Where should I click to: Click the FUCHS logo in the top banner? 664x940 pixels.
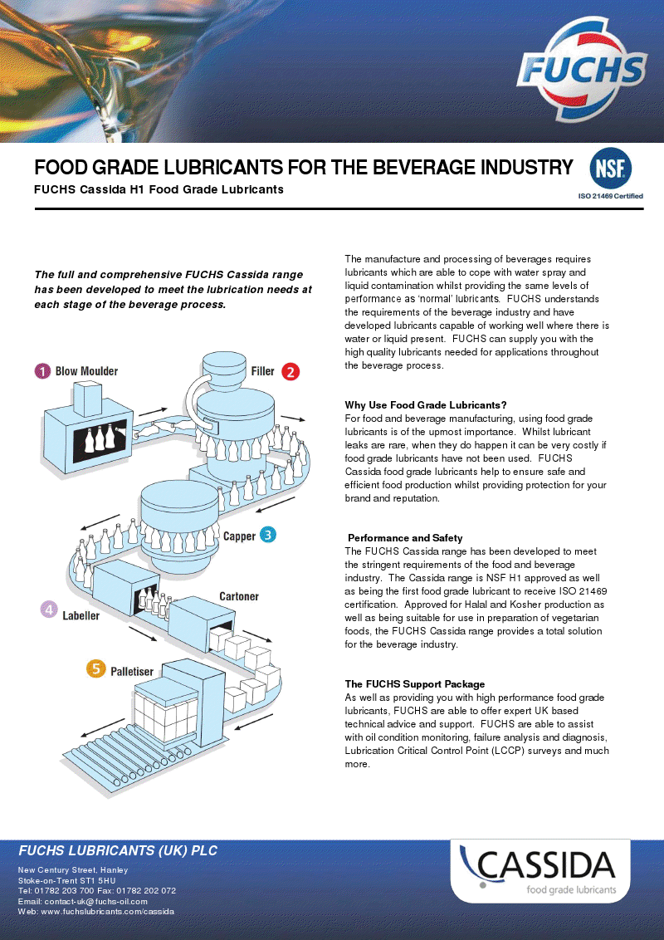(x=582, y=69)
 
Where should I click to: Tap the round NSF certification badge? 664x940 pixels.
(x=610, y=169)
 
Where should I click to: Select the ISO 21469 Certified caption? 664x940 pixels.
(x=610, y=196)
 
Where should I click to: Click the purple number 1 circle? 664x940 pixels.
(x=42, y=371)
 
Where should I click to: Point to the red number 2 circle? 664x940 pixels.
(x=290, y=372)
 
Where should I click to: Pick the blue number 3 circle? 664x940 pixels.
(x=267, y=535)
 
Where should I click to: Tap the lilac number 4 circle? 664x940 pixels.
(x=49, y=610)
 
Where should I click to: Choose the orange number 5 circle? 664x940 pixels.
(x=96, y=668)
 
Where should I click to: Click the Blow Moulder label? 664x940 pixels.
(x=87, y=371)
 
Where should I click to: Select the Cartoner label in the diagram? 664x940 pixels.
(x=239, y=596)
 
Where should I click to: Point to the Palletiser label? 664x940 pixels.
(x=132, y=672)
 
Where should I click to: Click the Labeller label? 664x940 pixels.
(x=81, y=615)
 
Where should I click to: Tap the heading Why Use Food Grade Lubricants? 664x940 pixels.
(x=426, y=405)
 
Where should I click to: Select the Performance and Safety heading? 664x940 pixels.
(x=405, y=538)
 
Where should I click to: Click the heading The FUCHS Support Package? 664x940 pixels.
(x=415, y=684)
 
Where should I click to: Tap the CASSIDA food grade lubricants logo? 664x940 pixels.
(x=540, y=870)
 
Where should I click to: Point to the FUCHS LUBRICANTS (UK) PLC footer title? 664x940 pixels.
(x=118, y=850)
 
